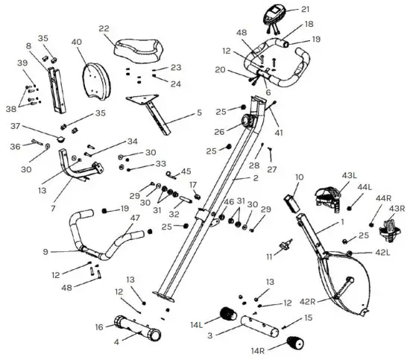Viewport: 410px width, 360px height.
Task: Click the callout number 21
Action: point(305,10)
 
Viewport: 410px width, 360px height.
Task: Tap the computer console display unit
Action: point(273,16)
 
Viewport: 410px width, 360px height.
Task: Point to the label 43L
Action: point(349,175)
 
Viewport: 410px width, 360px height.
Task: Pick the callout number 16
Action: point(99,326)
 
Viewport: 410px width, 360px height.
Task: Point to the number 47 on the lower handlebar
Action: point(135,218)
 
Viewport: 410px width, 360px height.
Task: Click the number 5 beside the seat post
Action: point(198,113)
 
